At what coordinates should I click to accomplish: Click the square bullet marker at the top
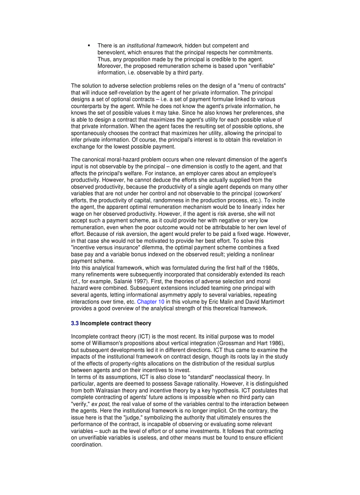tap(89, 45)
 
